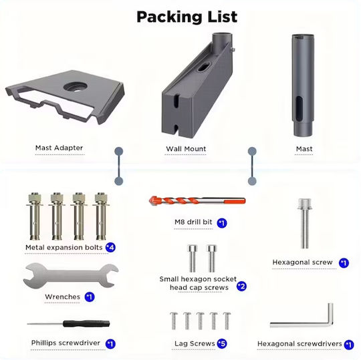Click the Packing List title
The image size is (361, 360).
pos(187,17)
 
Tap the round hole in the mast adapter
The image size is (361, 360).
pos(76,87)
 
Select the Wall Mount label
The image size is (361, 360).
pos(186,149)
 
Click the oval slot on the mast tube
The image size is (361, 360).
pos(299,109)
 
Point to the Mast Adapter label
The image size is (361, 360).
pos(59,148)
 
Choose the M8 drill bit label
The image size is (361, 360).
pos(193,222)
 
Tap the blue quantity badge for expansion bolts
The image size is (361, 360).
pos(110,247)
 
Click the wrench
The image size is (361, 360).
pos(71,275)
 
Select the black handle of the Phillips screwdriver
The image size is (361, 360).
pos(86,324)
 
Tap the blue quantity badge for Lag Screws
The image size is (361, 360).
pos(222,344)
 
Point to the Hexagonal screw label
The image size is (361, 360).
pos(302,262)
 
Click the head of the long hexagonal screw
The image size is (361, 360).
pos(305,204)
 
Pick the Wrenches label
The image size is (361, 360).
pos(62,297)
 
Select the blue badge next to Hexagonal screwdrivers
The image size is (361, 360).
pos(349,345)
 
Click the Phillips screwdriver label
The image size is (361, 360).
pos(66,343)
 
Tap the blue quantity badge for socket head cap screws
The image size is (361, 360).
pos(241,287)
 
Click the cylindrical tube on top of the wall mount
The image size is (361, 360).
pos(222,41)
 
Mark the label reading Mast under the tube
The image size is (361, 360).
pos(304,149)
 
